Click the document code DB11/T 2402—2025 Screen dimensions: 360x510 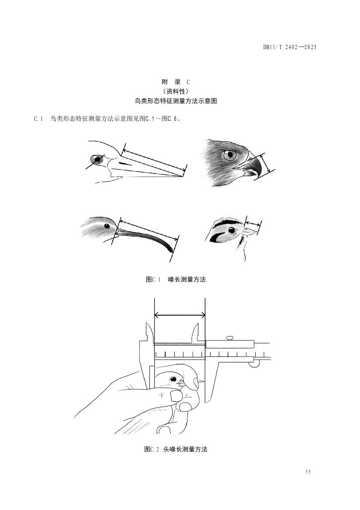pyautogui.click(x=290, y=47)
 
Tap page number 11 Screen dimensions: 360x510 pyautogui.click(x=308, y=472)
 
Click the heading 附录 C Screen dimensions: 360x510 pyautogui.click(x=176, y=82)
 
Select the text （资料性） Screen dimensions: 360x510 pyautogui.click(x=176, y=91)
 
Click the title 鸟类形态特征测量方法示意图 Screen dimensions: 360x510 pyautogui.click(x=176, y=101)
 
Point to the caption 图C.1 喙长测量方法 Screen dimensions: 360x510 pyautogui.click(x=176, y=279)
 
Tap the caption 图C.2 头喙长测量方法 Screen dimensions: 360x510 pyautogui.click(x=176, y=449)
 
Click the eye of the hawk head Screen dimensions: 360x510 pyautogui.click(x=230, y=155)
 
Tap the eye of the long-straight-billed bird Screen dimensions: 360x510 pyautogui.click(x=97, y=159)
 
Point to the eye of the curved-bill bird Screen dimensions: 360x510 pyautogui.click(x=106, y=225)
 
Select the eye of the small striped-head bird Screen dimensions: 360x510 pyautogui.click(x=232, y=230)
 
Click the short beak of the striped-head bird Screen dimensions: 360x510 pyautogui.click(x=249, y=231)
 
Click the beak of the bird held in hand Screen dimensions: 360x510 pyautogui.click(x=201, y=380)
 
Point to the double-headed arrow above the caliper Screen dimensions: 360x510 pyautogui.click(x=180, y=315)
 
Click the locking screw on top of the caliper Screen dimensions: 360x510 pyautogui.click(x=230, y=338)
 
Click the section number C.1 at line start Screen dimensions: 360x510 pyautogui.click(x=39, y=119)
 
